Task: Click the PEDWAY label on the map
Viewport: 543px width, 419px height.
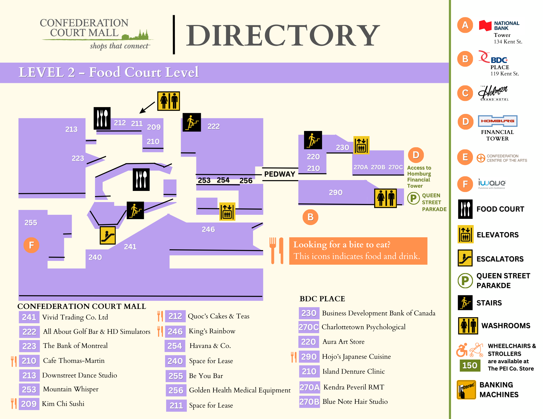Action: (280, 174)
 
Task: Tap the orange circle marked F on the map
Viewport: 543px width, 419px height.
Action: (31, 245)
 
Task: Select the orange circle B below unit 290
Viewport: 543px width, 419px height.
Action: (310, 217)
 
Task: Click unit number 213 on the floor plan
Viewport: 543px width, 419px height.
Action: (71, 129)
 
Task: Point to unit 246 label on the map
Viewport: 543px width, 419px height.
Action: (208, 229)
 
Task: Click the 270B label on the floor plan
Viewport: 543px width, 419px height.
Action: (378, 167)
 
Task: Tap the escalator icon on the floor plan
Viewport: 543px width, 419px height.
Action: (108, 235)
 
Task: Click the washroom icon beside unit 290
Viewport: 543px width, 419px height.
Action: (386, 198)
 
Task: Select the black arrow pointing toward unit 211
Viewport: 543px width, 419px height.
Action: (147, 108)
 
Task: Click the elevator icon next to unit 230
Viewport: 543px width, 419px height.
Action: (361, 145)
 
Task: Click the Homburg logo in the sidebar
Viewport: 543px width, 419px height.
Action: (498, 121)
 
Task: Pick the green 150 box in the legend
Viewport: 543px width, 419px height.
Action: (470, 365)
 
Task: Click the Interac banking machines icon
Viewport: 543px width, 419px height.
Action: (466, 390)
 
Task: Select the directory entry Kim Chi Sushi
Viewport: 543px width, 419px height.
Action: (63, 404)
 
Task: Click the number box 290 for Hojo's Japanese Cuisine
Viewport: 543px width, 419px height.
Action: (309, 357)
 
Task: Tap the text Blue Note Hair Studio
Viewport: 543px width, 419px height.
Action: (355, 402)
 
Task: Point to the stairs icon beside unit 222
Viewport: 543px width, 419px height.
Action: (192, 122)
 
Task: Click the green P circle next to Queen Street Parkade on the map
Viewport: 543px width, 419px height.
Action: (413, 198)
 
